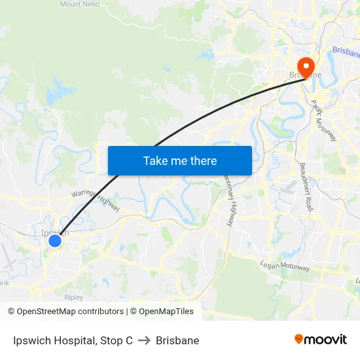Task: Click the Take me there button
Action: pos(180,160)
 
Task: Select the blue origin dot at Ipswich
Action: pos(55,241)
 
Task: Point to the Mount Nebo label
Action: pos(80,4)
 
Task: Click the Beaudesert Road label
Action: pos(306,187)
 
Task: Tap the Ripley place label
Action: pos(73,297)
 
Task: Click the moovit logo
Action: pos(321,340)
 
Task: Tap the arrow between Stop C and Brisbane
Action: pos(144,340)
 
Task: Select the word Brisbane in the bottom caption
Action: pos(177,340)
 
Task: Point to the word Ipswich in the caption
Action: pos(32,340)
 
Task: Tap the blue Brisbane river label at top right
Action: pos(346,51)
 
